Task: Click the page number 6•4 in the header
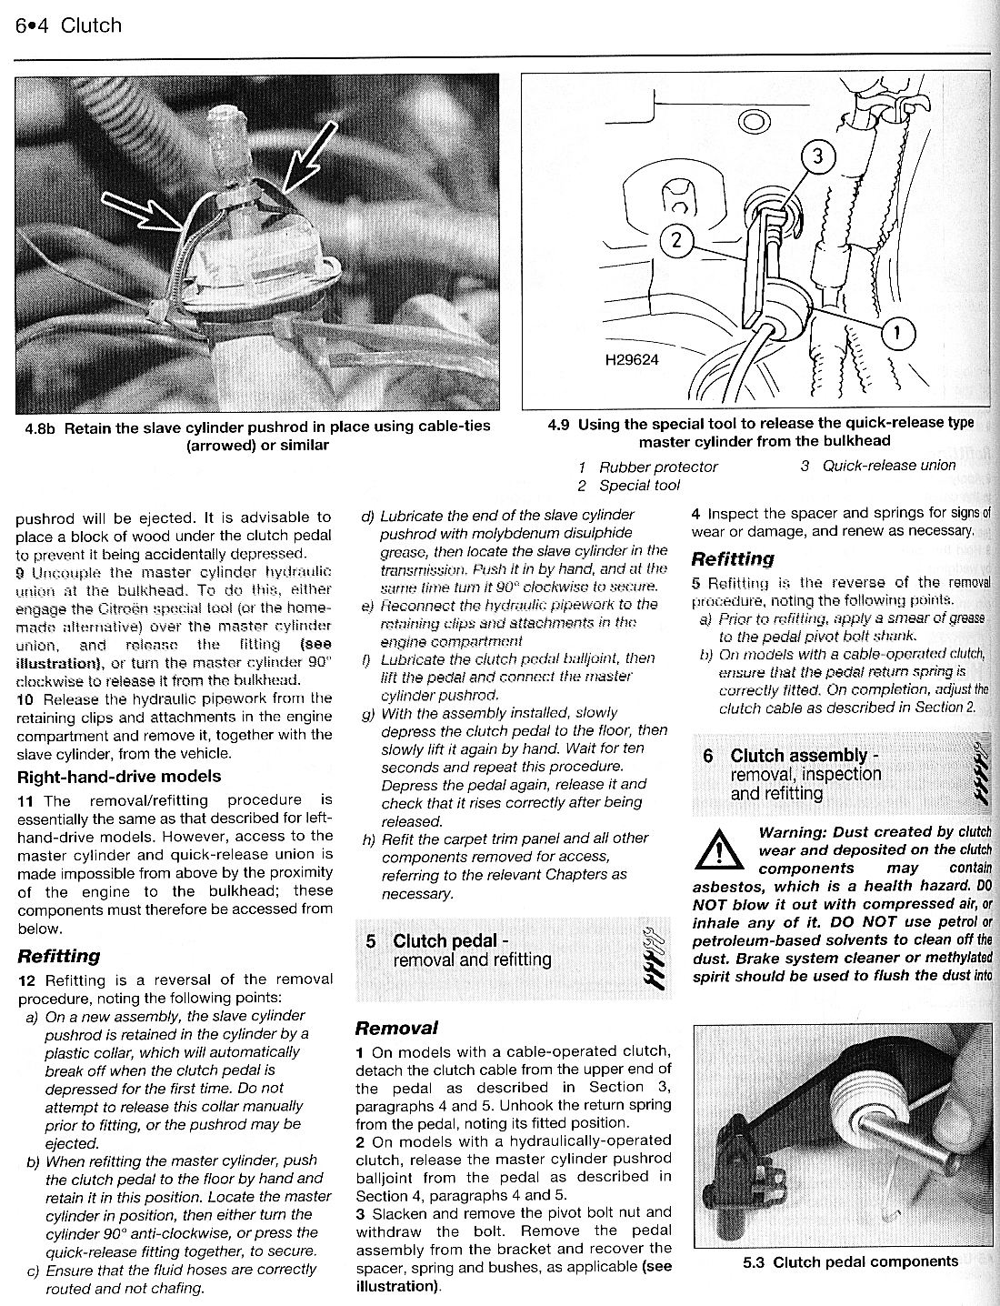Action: tap(32, 25)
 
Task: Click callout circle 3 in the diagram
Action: tap(816, 156)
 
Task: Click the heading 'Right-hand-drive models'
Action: tap(119, 777)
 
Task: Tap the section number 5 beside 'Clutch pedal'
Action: tap(371, 941)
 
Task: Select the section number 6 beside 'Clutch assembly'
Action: tap(708, 756)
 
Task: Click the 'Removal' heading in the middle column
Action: tap(396, 1029)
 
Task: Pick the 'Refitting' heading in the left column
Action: tap(59, 956)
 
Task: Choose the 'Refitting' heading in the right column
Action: tap(733, 558)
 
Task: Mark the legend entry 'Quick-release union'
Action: tap(888, 466)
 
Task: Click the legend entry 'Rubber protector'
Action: tap(657, 467)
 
